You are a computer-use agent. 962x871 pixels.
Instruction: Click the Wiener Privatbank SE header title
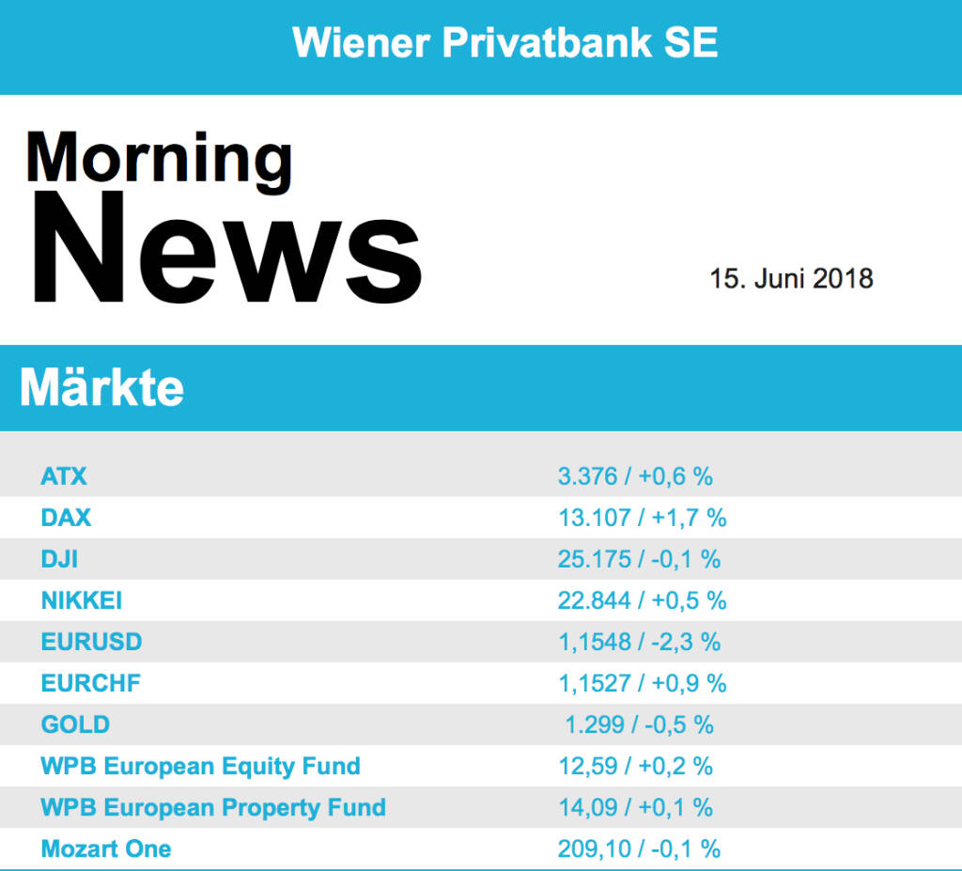505,43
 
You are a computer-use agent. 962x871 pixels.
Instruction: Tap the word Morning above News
159,157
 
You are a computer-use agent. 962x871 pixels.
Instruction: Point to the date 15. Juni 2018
791,279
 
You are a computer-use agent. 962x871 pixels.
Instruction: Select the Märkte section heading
101,387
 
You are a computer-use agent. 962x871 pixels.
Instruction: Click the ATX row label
64,476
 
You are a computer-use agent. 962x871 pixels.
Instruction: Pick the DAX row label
66,518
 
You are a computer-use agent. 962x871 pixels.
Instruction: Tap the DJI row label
59,559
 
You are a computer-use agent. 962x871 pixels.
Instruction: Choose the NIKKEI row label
82,600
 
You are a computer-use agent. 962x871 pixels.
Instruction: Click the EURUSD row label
91,642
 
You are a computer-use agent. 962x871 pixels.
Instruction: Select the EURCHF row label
90,683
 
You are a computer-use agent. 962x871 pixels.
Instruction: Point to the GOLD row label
75,724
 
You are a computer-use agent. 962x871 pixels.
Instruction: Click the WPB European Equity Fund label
200,766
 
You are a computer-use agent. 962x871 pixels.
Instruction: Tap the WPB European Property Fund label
213,807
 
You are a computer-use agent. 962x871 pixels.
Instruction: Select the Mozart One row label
106,849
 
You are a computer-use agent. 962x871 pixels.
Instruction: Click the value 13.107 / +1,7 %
642,518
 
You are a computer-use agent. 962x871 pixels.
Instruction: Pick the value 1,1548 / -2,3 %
639,642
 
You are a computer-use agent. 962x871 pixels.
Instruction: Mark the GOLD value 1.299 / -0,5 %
639,724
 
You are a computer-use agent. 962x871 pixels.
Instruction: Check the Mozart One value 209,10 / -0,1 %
639,849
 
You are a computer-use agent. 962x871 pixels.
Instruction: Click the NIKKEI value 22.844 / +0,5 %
642,600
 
